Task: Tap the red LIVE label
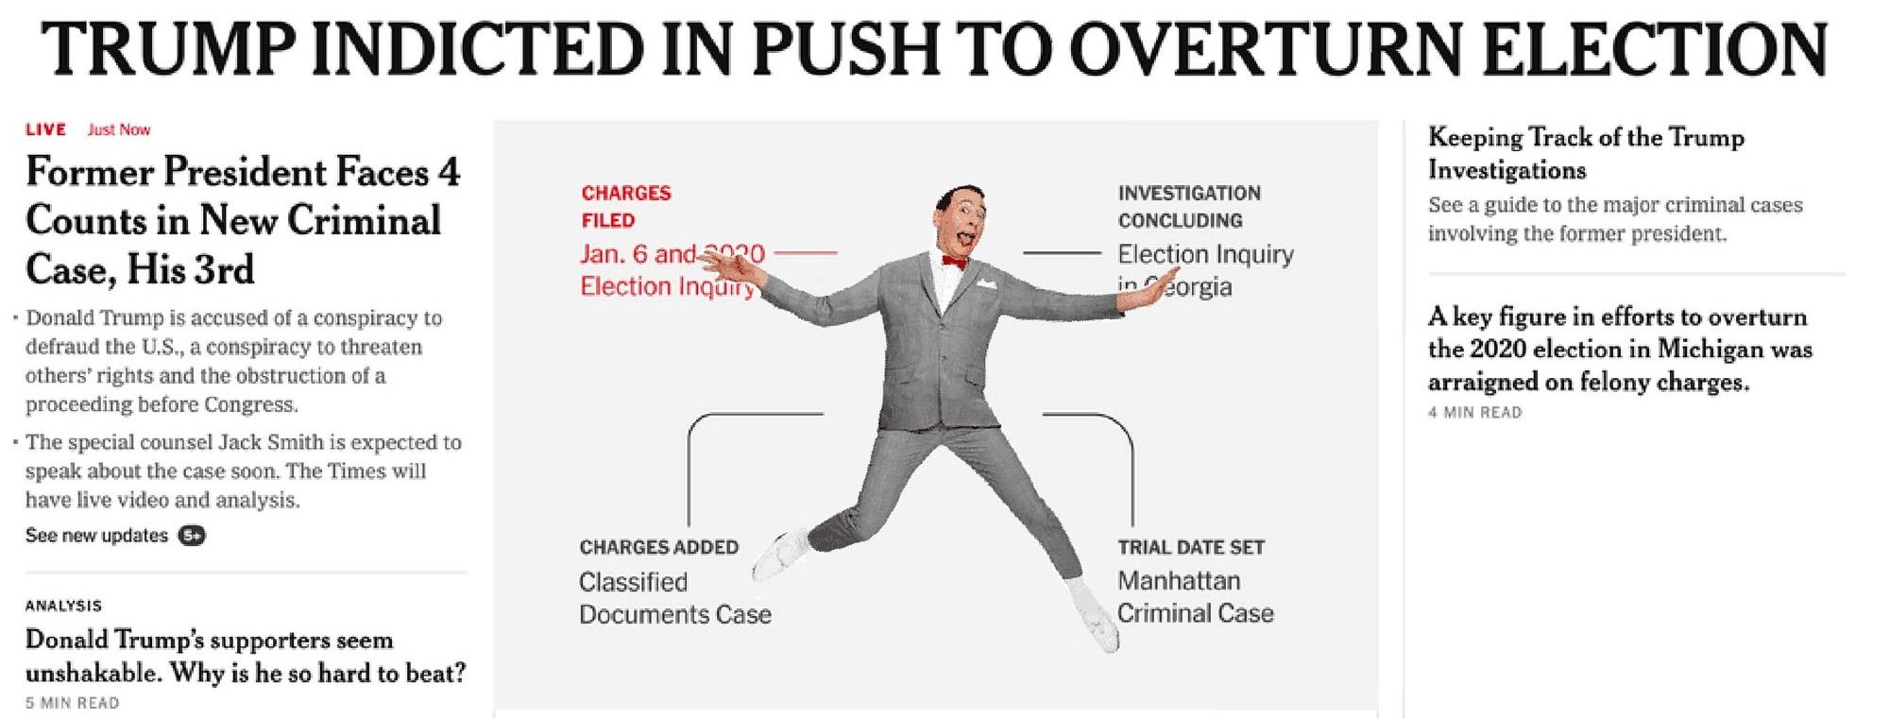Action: coord(45,129)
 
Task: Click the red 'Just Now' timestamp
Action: coord(119,129)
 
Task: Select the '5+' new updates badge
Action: coord(193,536)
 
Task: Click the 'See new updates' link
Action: coord(96,536)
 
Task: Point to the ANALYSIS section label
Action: coord(63,606)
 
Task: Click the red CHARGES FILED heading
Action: coord(625,206)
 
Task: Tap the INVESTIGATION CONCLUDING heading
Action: coord(1188,206)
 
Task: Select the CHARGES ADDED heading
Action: coord(658,547)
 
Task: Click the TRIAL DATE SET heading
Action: coord(1190,547)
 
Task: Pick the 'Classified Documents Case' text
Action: coord(674,598)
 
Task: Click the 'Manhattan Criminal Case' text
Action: coord(1195,597)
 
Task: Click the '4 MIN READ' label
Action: coord(1474,413)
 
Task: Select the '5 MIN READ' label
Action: coord(72,703)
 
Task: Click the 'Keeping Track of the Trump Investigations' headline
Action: coord(1585,153)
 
